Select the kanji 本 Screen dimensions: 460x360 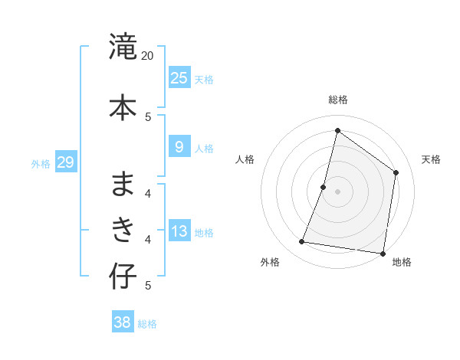123,106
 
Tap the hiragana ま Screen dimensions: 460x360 123,183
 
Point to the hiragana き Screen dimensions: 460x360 123,229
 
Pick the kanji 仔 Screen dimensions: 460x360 123,276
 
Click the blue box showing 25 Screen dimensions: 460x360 179,77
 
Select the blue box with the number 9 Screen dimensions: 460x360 179,148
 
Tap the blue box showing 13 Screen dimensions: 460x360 179,232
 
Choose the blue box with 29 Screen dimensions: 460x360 65,162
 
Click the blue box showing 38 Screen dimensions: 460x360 122,322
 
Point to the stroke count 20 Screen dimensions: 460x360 147,55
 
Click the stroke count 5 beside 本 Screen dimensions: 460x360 148,116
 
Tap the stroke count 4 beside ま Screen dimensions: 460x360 148,193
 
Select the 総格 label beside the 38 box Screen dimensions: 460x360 147,324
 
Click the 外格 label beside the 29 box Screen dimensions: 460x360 41,163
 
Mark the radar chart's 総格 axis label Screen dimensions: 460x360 337,100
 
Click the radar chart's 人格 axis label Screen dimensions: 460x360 245,159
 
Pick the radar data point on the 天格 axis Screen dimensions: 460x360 396,172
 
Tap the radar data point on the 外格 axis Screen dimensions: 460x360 302,242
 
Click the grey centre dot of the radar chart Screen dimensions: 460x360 337,191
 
